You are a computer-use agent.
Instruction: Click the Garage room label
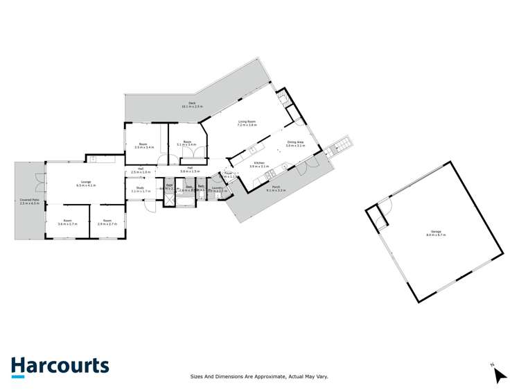point(436,232)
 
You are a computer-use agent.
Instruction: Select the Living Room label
point(247,123)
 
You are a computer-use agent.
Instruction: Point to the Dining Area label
point(296,144)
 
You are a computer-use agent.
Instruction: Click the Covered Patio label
point(29,201)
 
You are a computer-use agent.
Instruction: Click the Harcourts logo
point(60,366)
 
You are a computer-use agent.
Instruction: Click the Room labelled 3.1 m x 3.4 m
point(187,144)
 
